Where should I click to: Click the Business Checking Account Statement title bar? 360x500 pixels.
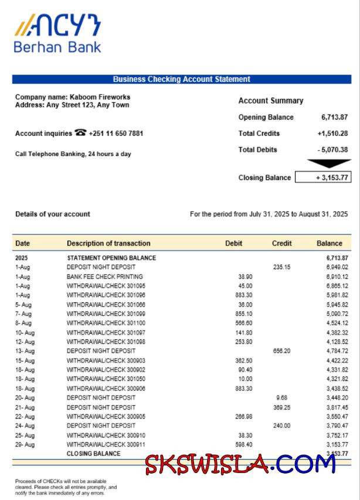181,79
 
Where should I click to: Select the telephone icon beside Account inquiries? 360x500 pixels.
80,133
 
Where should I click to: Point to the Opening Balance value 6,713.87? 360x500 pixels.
334,117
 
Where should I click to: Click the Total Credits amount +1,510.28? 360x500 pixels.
332,134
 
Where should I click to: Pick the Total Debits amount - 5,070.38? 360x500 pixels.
332,149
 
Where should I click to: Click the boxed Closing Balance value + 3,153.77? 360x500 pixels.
323,178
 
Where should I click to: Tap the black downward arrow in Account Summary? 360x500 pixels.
329,164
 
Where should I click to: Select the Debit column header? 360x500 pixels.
233,243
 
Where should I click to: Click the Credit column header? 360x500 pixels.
281,243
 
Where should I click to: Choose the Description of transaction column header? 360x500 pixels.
108,243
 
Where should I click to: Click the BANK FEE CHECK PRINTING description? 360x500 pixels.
105,277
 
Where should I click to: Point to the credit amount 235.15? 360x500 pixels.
282,267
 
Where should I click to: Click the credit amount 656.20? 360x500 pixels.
282,351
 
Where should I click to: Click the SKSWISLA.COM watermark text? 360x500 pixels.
240,465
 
